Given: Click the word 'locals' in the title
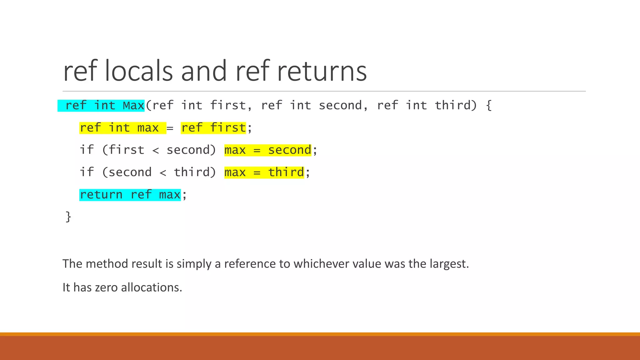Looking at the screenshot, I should (x=138, y=71).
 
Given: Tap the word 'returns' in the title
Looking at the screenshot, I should (x=322, y=71).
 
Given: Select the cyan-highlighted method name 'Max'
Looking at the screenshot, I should (x=133, y=105).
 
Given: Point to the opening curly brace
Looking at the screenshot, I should (x=489, y=105).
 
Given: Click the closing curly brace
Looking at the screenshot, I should (x=68, y=217).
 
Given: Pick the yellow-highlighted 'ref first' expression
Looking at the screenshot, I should (x=213, y=128).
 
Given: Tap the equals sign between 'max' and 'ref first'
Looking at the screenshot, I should (x=170, y=128).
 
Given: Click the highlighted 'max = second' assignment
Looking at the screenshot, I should (x=268, y=150).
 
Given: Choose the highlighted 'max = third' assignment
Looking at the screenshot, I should (x=264, y=172).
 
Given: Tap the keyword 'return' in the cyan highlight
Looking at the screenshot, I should (x=101, y=195).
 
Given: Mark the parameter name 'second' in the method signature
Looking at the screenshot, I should (x=340, y=105).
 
